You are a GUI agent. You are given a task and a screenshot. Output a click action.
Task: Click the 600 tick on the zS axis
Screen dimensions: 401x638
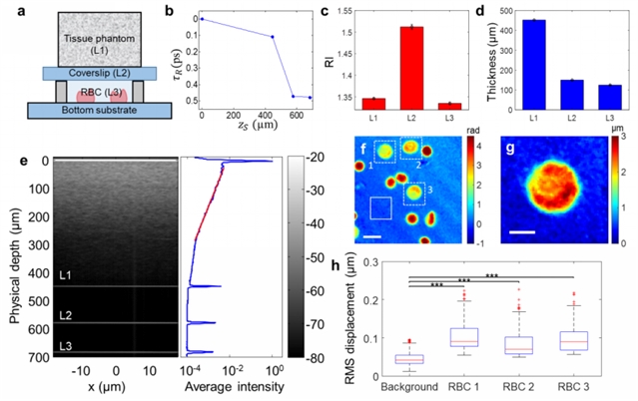click(x=293, y=117)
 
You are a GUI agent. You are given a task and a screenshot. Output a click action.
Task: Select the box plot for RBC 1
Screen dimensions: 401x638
click(x=463, y=337)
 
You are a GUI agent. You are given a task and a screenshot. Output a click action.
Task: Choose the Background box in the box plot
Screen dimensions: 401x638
click(x=408, y=359)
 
